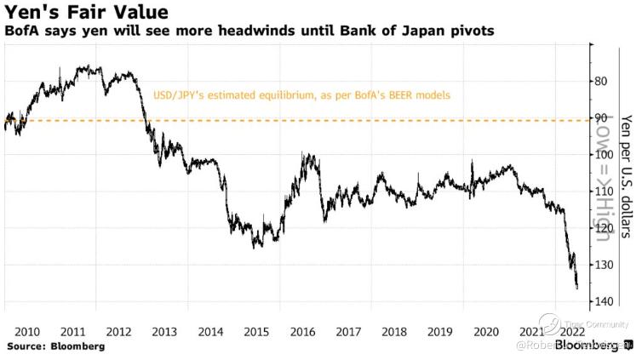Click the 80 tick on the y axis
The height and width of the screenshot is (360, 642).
click(600, 81)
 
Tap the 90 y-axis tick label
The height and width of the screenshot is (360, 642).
click(600, 117)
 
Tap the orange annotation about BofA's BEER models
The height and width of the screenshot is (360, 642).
click(301, 95)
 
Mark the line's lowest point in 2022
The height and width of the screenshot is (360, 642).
click(576, 288)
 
